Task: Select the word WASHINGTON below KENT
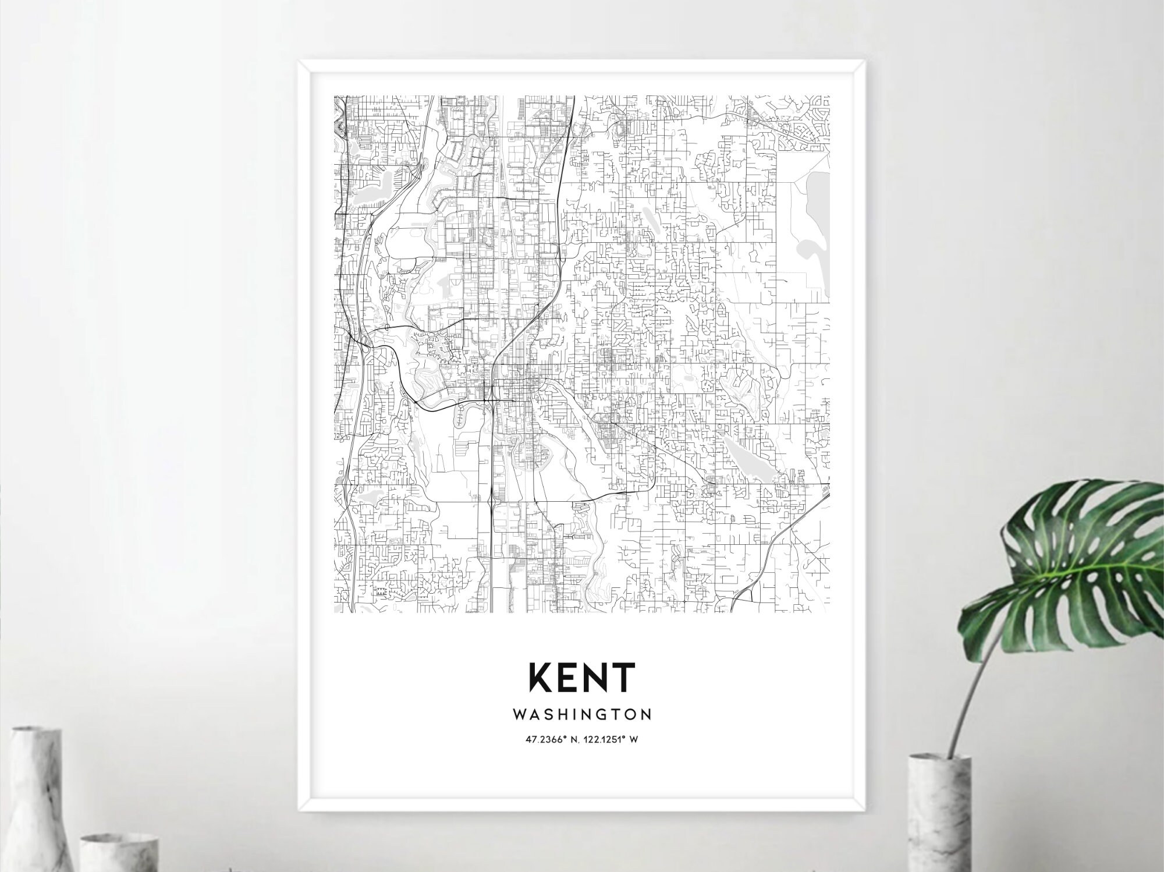582,714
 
